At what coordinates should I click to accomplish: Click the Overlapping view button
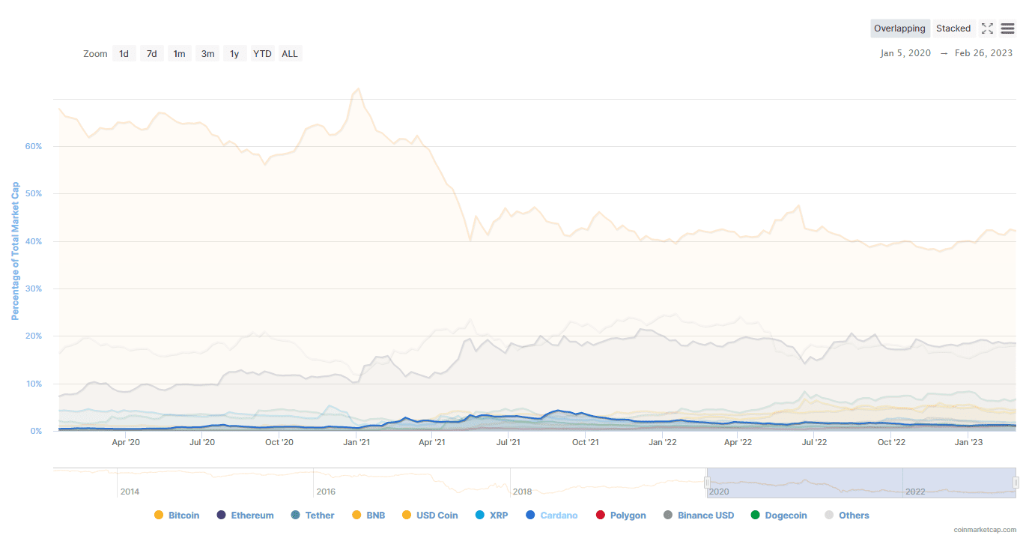899,28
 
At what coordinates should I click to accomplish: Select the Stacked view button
953,28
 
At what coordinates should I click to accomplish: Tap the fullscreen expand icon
987,28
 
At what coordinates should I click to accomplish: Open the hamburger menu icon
1007,28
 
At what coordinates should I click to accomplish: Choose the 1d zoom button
124,53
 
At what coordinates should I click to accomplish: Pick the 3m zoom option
207,53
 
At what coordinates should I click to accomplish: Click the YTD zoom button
262,53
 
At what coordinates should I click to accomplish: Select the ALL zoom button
290,53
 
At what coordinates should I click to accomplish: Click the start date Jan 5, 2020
905,53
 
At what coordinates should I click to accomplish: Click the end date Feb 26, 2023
983,53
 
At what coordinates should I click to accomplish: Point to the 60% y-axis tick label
33,146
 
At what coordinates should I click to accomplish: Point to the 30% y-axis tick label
33,288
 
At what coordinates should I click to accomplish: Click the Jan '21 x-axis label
356,442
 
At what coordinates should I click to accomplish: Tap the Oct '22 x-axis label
891,442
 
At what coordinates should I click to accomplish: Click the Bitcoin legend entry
177,516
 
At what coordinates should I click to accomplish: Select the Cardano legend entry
552,516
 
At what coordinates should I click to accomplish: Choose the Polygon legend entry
621,516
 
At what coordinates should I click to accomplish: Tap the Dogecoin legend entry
779,516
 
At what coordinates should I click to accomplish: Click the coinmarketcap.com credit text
985,530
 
